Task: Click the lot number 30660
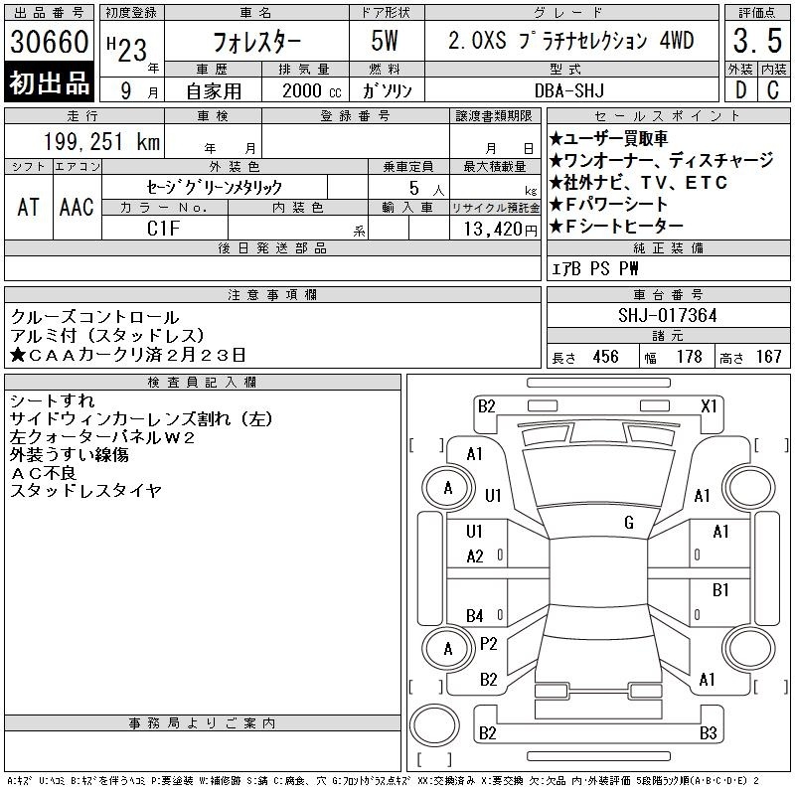(49, 42)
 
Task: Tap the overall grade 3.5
(757, 41)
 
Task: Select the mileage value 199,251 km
(101, 141)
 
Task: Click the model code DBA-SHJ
(569, 90)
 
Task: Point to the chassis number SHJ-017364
(667, 315)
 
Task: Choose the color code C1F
(163, 229)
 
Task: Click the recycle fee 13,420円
(500, 230)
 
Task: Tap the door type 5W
(385, 41)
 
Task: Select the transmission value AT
(29, 207)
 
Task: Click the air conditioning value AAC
(77, 207)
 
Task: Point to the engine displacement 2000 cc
(311, 90)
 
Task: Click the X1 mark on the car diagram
(709, 406)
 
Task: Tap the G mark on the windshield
(629, 523)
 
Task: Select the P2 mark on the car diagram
(488, 644)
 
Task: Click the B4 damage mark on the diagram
(475, 616)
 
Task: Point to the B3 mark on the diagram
(708, 733)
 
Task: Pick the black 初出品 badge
(49, 82)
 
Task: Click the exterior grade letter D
(740, 90)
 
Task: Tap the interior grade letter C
(773, 90)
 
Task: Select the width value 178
(689, 357)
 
